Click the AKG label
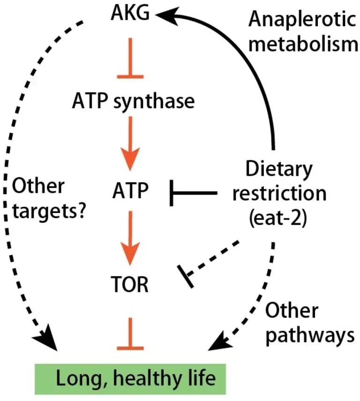[131, 14]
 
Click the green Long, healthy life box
[131, 377]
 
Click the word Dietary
[275, 169]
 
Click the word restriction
[275, 194]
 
